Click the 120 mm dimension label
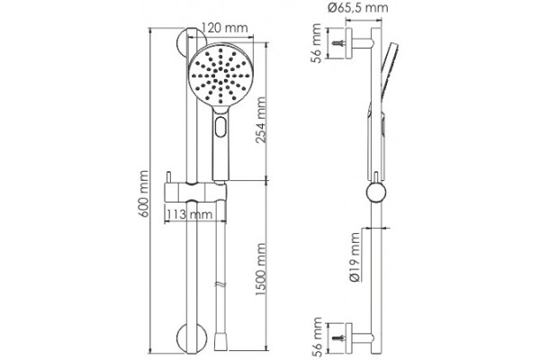coord(224,28)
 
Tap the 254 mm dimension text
coord(261,120)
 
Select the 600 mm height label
coord(144,193)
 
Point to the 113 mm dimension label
coord(189,214)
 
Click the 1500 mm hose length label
coord(261,269)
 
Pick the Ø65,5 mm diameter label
coord(358,7)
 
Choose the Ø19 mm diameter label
coord(355,257)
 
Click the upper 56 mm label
coord(317,43)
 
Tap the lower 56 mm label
coord(317,337)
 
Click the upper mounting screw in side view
coord(338,43)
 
